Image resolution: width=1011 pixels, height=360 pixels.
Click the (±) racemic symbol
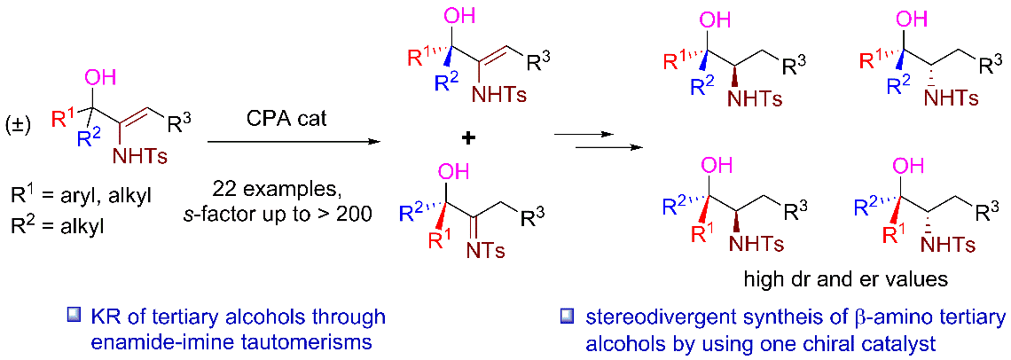click(18, 123)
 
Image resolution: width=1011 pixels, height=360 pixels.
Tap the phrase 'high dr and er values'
click(845, 278)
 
